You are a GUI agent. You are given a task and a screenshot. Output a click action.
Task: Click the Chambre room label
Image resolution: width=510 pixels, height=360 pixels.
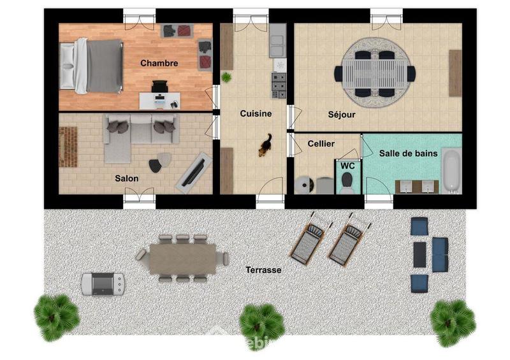pos(159,63)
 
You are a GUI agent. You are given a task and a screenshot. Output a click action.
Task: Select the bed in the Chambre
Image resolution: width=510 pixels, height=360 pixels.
pos(92,66)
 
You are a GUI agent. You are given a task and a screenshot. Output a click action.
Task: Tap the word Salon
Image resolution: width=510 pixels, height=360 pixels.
pos(127,178)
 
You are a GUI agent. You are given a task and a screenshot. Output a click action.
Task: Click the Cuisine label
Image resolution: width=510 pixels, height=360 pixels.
pos(256,113)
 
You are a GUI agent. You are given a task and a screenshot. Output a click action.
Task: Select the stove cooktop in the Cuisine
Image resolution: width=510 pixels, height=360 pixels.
pos(279,85)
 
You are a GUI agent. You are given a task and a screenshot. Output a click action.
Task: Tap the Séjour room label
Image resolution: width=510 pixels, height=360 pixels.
pos(342,115)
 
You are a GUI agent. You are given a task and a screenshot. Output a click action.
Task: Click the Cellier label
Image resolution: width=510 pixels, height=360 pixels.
pos(321,144)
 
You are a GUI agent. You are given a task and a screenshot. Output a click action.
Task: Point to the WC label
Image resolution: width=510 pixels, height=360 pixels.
pos(347,166)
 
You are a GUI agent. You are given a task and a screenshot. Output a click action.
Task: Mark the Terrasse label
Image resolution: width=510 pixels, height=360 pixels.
pos(263,270)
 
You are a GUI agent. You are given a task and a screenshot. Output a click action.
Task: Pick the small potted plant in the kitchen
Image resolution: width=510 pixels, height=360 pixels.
pos(226,77)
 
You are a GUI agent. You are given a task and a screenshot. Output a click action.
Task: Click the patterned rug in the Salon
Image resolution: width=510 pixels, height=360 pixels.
pos(68,147)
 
